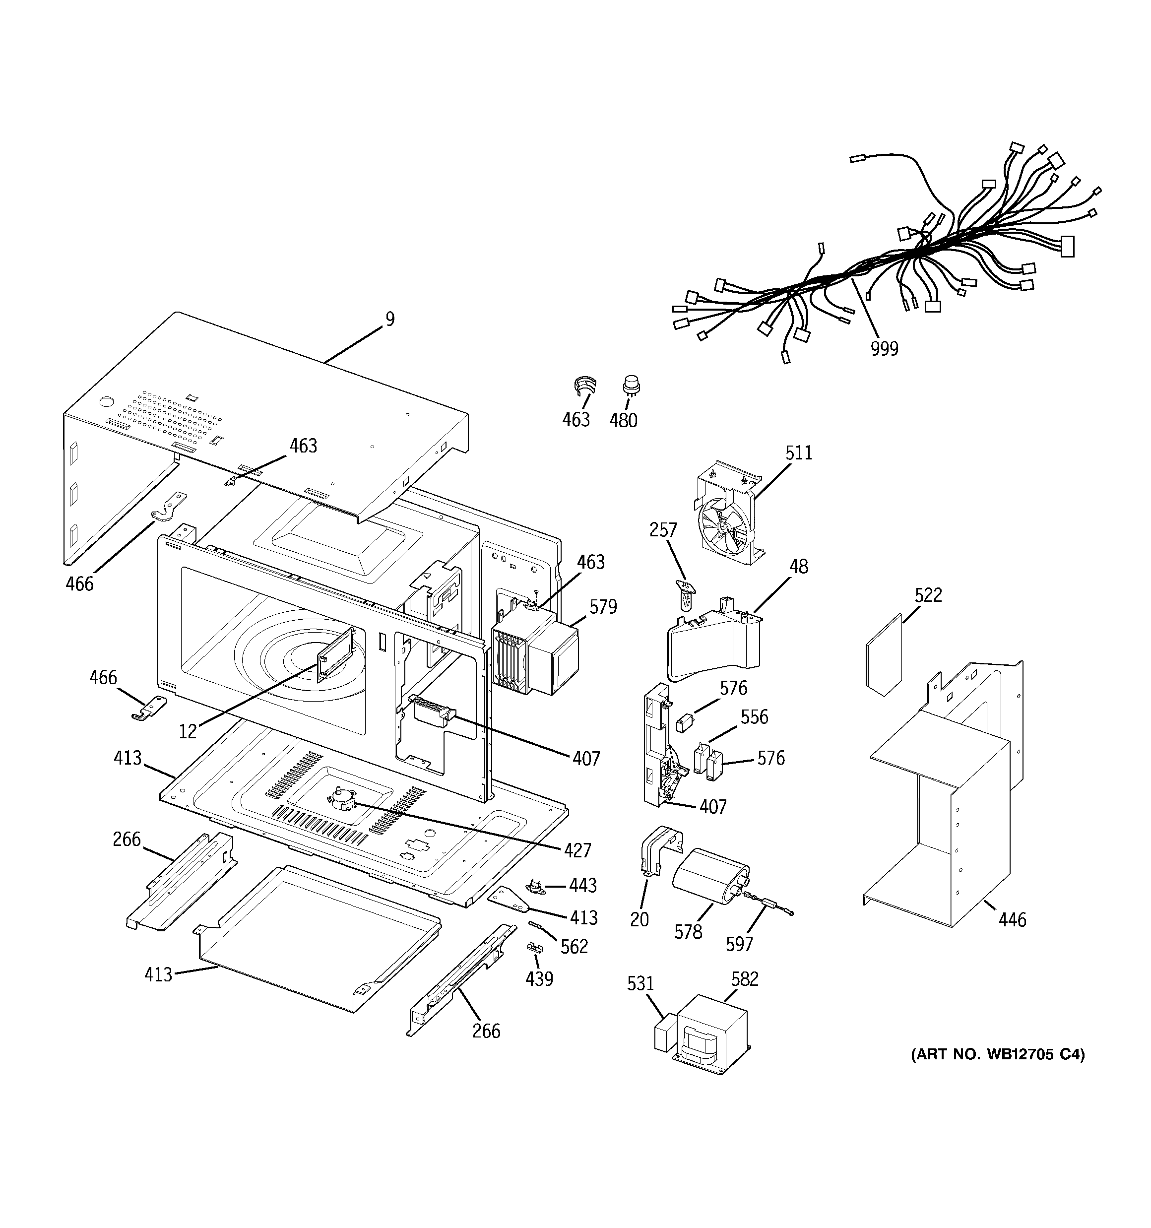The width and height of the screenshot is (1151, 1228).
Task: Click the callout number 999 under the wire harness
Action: tap(884, 349)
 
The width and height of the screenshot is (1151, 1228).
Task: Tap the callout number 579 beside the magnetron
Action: tap(602, 607)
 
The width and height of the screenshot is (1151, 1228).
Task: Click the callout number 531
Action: tap(640, 983)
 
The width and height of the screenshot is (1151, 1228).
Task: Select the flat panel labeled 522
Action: tap(884, 656)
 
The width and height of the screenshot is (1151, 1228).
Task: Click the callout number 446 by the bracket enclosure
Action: tap(1012, 938)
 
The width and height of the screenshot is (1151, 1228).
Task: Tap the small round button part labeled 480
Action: tap(631, 386)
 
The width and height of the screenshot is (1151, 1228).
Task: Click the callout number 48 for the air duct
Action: tap(798, 567)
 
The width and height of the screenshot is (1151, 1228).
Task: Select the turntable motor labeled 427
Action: tap(339, 798)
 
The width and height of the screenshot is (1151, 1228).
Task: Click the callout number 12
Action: tap(188, 732)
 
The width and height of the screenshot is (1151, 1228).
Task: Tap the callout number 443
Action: tap(582, 885)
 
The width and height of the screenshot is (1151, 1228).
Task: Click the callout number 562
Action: tap(574, 946)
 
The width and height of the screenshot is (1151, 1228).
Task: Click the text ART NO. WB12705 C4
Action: tap(997, 1054)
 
